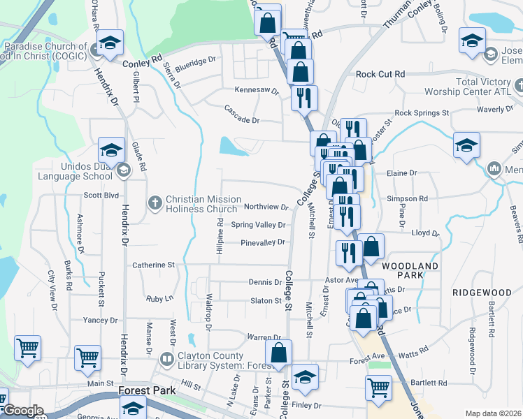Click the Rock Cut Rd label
tap(380, 74)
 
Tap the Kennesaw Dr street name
tap(257, 91)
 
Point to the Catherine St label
tap(153, 265)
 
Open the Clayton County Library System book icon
tap(166, 360)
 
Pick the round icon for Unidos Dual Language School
tap(124, 170)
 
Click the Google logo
tap(22, 411)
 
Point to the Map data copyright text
tap(494, 413)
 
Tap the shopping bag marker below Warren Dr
tap(278, 353)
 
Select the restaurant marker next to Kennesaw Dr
tap(304, 97)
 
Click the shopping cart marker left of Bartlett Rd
tap(378, 388)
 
